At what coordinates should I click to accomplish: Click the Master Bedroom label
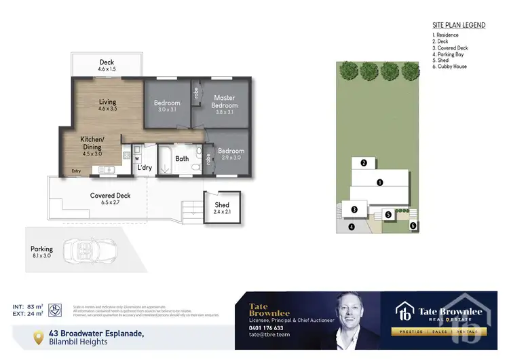(225, 102)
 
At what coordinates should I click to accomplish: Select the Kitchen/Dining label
(92, 143)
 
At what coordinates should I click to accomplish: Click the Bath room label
(182, 159)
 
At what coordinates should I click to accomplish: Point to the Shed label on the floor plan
(222, 204)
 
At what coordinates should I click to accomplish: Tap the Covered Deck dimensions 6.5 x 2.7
(111, 202)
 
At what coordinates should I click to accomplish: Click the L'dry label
(144, 167)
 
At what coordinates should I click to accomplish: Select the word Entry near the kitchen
(75, 171)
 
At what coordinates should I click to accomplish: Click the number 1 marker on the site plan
(380, 182)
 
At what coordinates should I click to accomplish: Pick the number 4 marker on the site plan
(352, 227)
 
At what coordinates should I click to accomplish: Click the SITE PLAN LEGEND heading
(459, 25)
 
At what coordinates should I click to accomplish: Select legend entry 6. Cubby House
(449, 67)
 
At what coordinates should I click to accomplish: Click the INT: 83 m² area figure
(28, 306)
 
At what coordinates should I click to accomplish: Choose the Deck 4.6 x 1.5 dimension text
(107, 69)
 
